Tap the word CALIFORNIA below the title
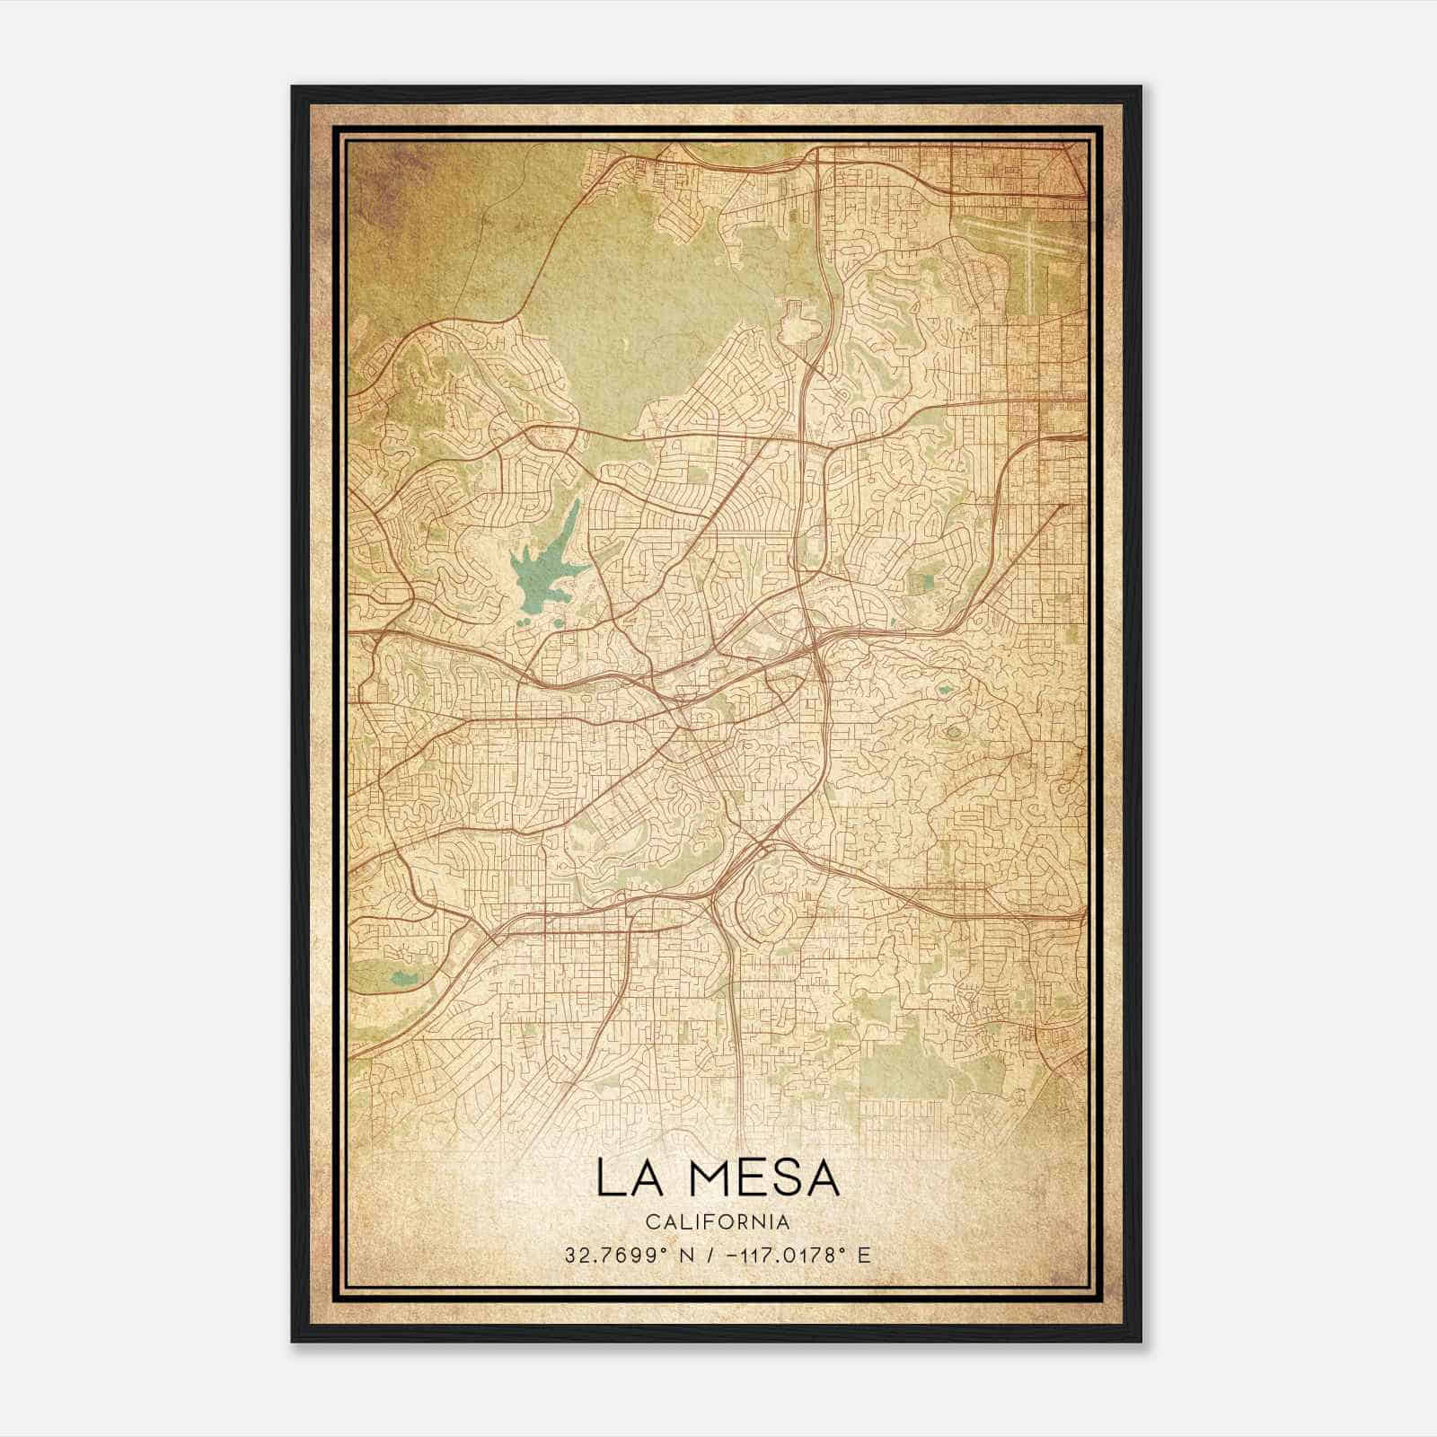718,1222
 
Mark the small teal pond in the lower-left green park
404,977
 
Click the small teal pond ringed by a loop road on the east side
944,691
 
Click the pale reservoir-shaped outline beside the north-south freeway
797,324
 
